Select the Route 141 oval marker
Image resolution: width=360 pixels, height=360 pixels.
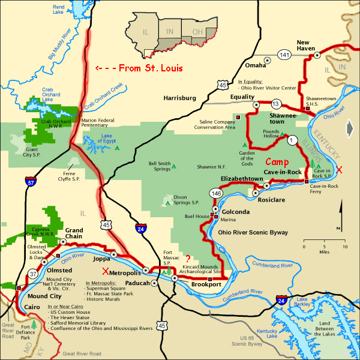285,55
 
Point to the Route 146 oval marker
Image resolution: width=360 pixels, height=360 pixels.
217,193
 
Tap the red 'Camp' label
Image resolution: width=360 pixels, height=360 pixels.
277,162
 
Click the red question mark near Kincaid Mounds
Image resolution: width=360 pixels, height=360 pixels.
188,259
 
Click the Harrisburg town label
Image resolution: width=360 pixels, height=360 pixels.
181,97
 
